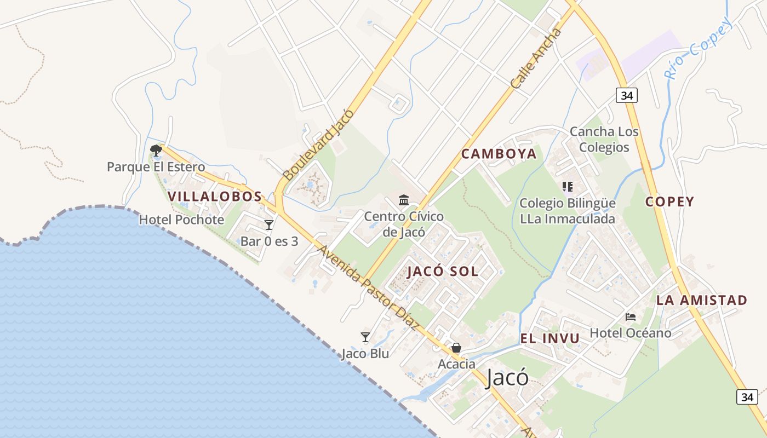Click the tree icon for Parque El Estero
[x=156, y=149]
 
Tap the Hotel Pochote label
[x=181, y=220]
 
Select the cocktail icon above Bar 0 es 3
[x=268, y=224]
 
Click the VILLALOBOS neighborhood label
[x=215, y=197]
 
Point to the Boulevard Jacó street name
[x=318, y=145]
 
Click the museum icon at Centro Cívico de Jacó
[x=404, y=200]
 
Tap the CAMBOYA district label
[x=499, y=154]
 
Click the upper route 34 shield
[x=627, y=95]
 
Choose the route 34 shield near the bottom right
[x=747, y=397]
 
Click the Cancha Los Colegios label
[x=604, y=140]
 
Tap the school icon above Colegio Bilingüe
[x=567, y=187]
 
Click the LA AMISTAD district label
[x=701, y=300]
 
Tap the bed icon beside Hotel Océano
[x=631, y=316]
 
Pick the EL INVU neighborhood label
[x=550, y=338]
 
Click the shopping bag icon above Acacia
[x=456, y=348]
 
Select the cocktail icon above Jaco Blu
[x=365, y=337]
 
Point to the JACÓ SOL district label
[x=443, y=271]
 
